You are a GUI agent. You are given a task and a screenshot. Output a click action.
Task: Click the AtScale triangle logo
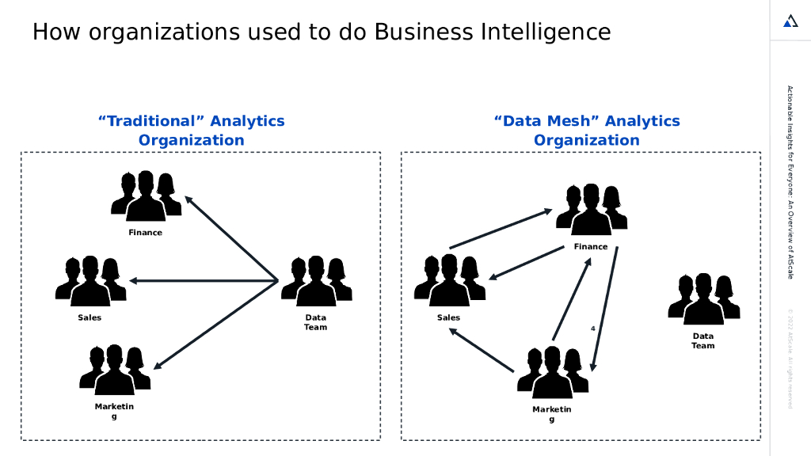coord(790,21)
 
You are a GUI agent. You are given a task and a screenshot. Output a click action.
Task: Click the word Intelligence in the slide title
coord(546,32)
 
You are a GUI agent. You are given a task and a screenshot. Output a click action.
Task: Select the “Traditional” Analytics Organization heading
coord(191,131)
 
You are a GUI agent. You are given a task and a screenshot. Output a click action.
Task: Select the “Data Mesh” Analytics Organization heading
coord(586,131)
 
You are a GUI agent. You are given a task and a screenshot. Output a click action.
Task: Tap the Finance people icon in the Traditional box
coord(146,196)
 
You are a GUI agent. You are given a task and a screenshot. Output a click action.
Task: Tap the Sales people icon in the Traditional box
coord(90,281)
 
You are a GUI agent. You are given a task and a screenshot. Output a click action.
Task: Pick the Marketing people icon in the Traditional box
coord(115,370)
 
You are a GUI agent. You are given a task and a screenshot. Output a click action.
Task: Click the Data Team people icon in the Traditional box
coord(316,281)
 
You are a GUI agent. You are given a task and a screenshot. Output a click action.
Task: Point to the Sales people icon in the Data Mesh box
coord(449,281)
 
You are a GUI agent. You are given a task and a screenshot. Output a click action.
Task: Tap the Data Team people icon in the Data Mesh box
coord(703,299)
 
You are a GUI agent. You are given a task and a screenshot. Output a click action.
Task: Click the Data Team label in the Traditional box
coord(315,322)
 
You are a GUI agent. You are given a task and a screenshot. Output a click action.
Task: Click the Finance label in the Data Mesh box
coord(591,246)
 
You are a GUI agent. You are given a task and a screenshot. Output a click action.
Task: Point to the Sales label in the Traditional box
coord(89,317)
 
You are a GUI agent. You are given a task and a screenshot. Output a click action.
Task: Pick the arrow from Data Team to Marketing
coord(215,325)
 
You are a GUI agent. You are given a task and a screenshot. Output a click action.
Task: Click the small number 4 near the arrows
coord(593,328)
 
